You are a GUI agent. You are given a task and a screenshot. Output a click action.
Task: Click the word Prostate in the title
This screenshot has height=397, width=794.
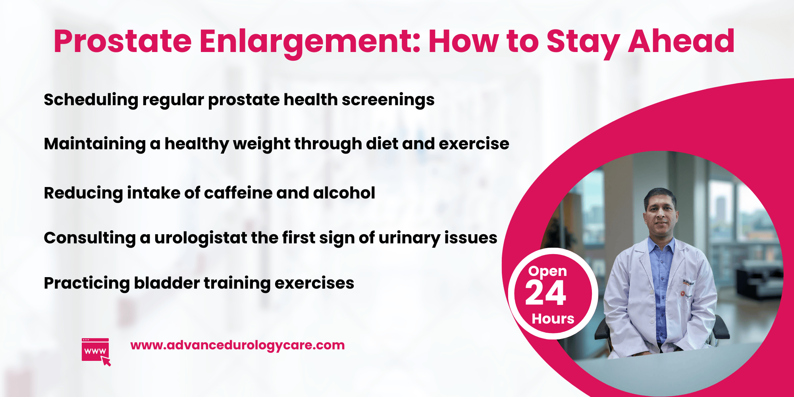pos(122,42)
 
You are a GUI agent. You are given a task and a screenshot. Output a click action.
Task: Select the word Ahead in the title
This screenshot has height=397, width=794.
pos(681,42)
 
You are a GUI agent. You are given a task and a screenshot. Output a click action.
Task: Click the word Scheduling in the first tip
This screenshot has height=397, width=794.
pos(91,100)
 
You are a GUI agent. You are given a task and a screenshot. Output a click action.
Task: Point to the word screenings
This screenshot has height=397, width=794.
pos(388,100)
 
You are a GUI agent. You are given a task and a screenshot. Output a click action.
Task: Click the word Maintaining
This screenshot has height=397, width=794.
pos(94,144)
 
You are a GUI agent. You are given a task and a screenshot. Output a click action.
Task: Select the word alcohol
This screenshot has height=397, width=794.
pos(344,193)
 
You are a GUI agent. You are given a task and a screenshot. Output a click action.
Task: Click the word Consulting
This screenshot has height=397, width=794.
pos(90,238)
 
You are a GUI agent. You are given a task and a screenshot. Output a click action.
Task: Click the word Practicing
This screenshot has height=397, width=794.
pos(87,283)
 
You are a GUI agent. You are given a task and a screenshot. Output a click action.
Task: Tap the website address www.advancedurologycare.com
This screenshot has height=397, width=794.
pos(237,345)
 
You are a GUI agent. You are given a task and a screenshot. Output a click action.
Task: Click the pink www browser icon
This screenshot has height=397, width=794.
pos(96,351)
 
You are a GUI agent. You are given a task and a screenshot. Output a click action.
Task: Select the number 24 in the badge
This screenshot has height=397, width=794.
pos(545,294)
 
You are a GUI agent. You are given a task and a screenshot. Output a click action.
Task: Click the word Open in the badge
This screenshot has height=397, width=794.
pos(547,271)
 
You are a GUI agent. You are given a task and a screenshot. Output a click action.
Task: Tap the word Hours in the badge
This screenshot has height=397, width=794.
pos(553,319)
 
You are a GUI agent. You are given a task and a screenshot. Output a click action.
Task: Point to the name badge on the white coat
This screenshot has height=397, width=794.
pos(688,283)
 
